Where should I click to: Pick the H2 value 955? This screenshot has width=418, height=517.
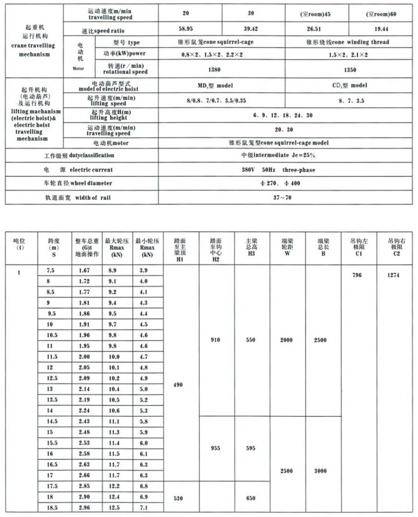(215, 447)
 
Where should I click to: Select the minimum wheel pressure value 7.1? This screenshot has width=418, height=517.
(144, 508)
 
